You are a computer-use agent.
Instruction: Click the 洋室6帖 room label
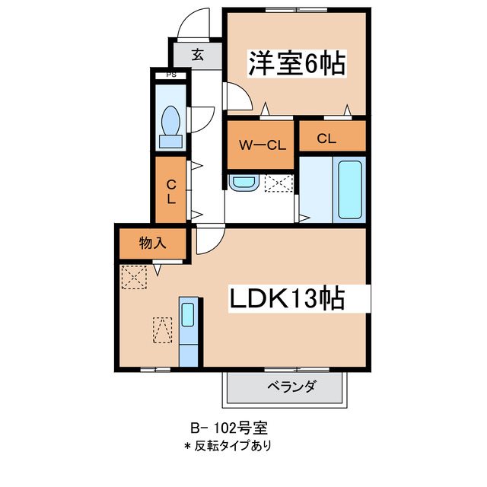click(x=297, y=63)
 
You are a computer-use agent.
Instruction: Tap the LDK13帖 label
click(x=288, y=299)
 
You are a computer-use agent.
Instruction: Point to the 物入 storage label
click(x=152, y=244)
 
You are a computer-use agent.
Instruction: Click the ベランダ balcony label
click(x=291, y=387)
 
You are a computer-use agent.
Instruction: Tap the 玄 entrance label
click(x=197, y=54)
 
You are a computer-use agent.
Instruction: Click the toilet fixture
click(x=170, y=126)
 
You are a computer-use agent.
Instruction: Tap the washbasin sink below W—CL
click(x=243, y=183)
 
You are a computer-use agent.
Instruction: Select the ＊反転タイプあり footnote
click(x=227, y=445)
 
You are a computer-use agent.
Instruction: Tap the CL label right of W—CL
click(x=326, y=138)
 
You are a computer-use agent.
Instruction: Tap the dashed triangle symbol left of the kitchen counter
click(x=163, y=331)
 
